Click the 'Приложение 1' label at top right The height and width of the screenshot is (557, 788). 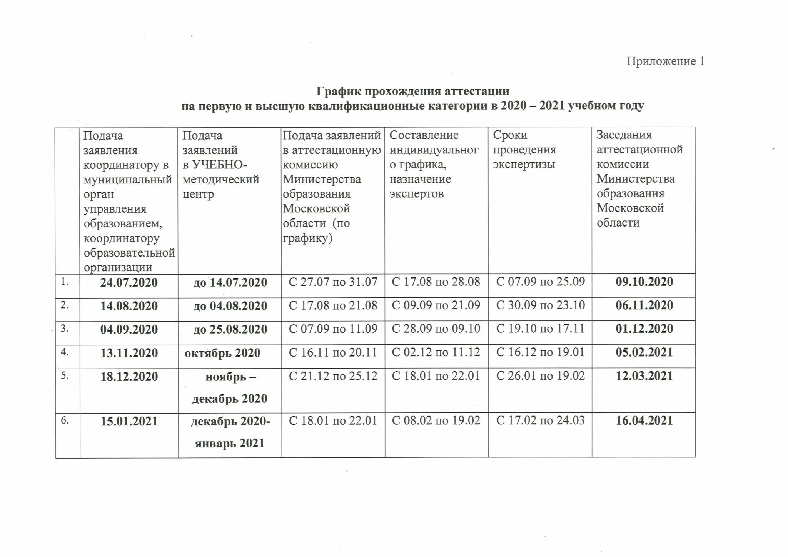(665, 61)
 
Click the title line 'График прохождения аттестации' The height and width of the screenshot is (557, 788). (412, 91)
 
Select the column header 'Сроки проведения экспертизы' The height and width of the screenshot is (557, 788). (524, 150)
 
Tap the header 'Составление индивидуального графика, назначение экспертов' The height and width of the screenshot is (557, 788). (434, 164)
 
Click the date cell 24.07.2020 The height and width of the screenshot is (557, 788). (129, 283)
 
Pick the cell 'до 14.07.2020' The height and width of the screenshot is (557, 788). (230, 283)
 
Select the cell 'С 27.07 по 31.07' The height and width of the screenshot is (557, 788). (333, 282)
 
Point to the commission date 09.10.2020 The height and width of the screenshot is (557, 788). (644, 282)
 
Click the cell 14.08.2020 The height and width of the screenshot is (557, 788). (129, 306)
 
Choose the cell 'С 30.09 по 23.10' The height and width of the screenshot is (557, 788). (540, 305)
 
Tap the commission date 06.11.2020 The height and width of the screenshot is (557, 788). (644, 305)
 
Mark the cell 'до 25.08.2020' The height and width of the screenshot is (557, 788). (230, 330)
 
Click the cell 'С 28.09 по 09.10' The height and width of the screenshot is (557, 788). (436, 329)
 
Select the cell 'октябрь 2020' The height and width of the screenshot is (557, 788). (222, 353)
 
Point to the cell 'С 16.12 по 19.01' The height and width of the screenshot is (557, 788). (540, 352)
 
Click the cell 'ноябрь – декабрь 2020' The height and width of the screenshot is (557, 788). (230, 387)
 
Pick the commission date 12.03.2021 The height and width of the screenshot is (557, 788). (644, 376)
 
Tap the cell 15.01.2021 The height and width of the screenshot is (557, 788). (129, 421)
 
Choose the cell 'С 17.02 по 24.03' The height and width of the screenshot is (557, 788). (540, 420)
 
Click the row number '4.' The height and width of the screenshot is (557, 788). (65, 352)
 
